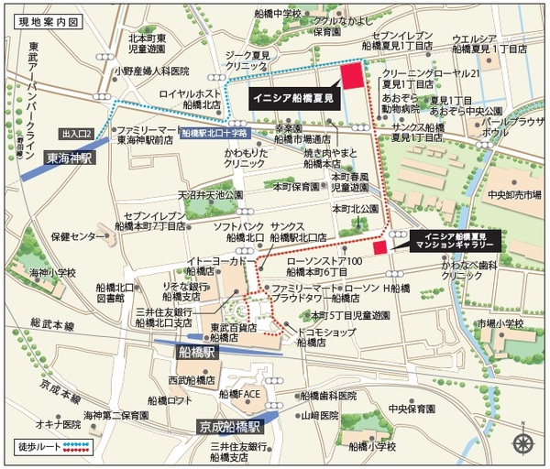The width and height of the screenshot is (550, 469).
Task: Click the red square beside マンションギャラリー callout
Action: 379,248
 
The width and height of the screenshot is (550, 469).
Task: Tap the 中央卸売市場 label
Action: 514,194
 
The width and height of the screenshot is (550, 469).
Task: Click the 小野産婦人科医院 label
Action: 151,70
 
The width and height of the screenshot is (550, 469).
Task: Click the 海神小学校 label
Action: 50,272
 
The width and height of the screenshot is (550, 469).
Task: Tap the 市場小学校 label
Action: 499,323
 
